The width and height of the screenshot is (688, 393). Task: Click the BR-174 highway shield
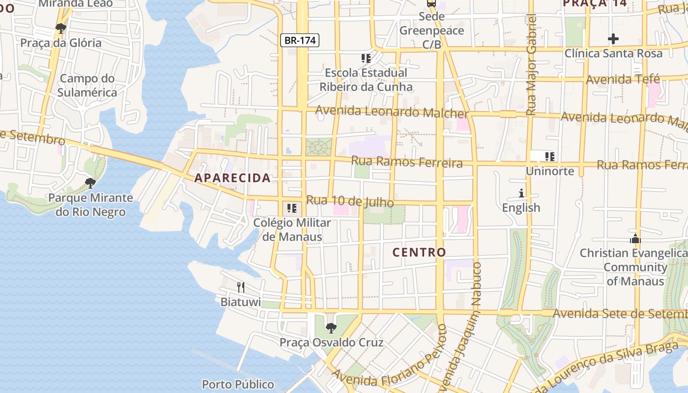(x=300, y=40)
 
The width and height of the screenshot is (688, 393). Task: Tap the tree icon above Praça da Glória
(x=61, y=28)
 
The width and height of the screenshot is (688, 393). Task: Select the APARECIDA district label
(x=232, y=178)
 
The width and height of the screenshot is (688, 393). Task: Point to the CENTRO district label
(x=419, y=253)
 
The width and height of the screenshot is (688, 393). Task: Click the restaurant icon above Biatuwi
(x=240, y=287)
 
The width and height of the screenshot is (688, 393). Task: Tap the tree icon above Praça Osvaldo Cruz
(x=331, y=328)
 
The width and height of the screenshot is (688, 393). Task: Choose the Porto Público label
(x=238, y=384)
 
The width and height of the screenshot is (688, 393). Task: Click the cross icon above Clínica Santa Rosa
(x=613, y=39)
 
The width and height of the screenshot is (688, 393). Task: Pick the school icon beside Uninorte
(x=549, y=157)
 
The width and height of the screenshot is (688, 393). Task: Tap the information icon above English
(x=521, y=193)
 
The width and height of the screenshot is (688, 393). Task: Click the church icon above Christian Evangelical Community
(x=635, y=239)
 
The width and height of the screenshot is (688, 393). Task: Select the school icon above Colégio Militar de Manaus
(x=292, y=208)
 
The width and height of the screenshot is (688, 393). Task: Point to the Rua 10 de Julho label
(x=350, y=201)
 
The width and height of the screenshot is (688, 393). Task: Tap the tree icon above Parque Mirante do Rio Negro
(x=90, y=183)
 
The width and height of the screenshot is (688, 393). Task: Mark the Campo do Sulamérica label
(x=87, y=85)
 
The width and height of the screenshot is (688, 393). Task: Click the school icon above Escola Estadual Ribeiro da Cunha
(x=366, y=58)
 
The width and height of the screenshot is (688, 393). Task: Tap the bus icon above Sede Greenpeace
(x=431, y=3)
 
